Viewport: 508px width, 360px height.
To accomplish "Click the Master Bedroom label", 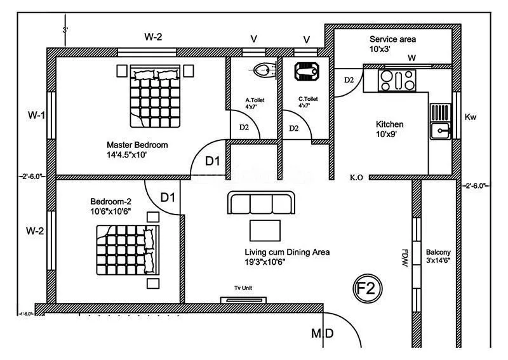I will tap(137, 145).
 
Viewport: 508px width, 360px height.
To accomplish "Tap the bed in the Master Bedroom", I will tap(155, 95).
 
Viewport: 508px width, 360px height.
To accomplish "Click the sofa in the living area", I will tap(261, 204).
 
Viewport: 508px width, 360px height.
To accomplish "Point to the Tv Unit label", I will tap(243, 288).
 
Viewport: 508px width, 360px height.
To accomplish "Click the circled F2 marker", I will tap(367, 289).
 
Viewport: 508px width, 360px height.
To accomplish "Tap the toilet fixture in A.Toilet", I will tap(262, 70).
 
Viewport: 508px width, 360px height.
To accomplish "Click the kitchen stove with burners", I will tap(396, 80).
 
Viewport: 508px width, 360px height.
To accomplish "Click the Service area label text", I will tap(392, 39).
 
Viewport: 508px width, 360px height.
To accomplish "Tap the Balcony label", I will tap(439, 251).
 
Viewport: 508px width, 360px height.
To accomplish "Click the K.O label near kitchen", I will tap(356, 178).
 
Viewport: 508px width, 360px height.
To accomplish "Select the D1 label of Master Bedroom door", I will tap(212, 161).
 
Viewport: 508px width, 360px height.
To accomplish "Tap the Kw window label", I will tap(471, 117).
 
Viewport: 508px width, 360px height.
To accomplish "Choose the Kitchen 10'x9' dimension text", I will tap(389, 135).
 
